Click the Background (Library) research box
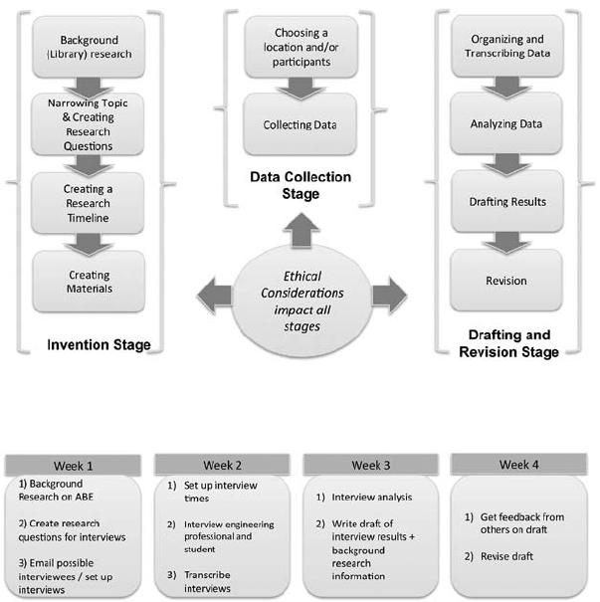tap(89, 47)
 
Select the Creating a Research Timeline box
tap(88, 203)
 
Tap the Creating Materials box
tap(90, 282)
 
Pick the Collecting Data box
tap(300, 124)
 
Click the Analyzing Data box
tap(506, 123)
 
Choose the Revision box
tap(506, 281)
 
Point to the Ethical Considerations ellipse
tap(302, 301)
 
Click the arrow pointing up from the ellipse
tap(301, 230)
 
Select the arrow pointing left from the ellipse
tap(214, 296)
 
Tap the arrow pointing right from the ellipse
tap(390, 296)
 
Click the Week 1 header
tap(73, 466)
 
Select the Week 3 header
tap(371, 465)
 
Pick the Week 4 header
tap(519, 465)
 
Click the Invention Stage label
tap(99, 344)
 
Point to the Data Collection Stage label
tap(300, 185)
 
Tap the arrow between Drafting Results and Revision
tap(506, 242)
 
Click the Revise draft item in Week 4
tap(499, 556)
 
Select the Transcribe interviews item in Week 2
tap(199, 581)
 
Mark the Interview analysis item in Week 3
tap(364, 498)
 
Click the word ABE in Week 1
tap(84, 497)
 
